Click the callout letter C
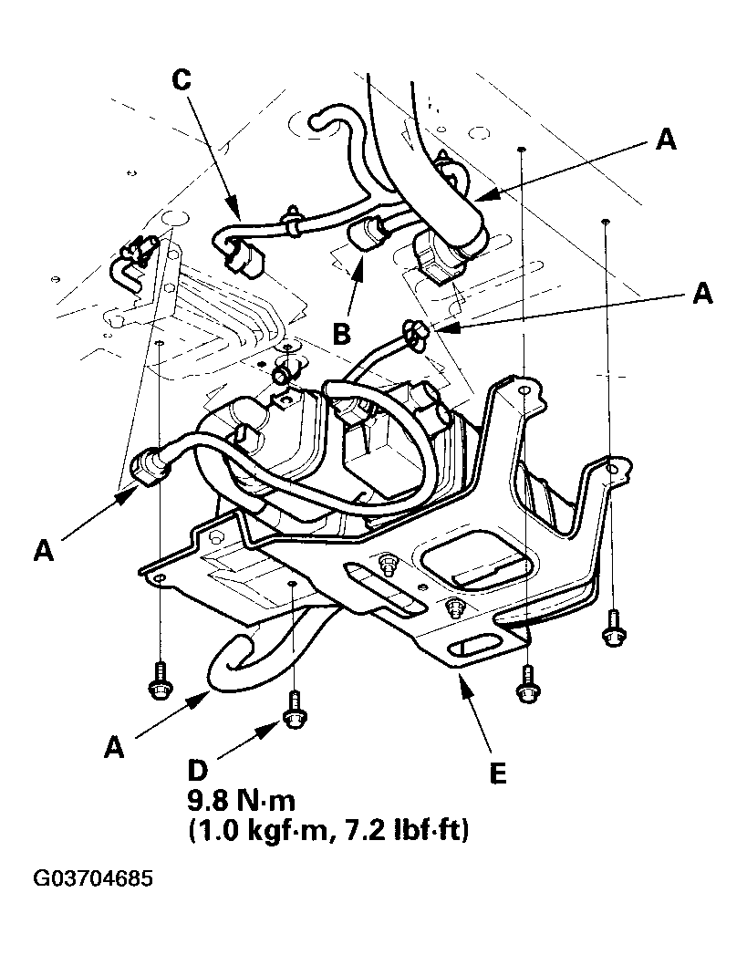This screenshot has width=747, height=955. (183, 80)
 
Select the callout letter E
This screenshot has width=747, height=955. (496, 774)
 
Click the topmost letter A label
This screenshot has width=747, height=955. (667, 139)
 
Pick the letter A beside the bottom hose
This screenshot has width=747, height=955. (114, 747)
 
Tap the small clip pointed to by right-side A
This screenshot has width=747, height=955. (416, 337)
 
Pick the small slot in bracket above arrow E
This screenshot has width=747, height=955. (474, 645)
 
